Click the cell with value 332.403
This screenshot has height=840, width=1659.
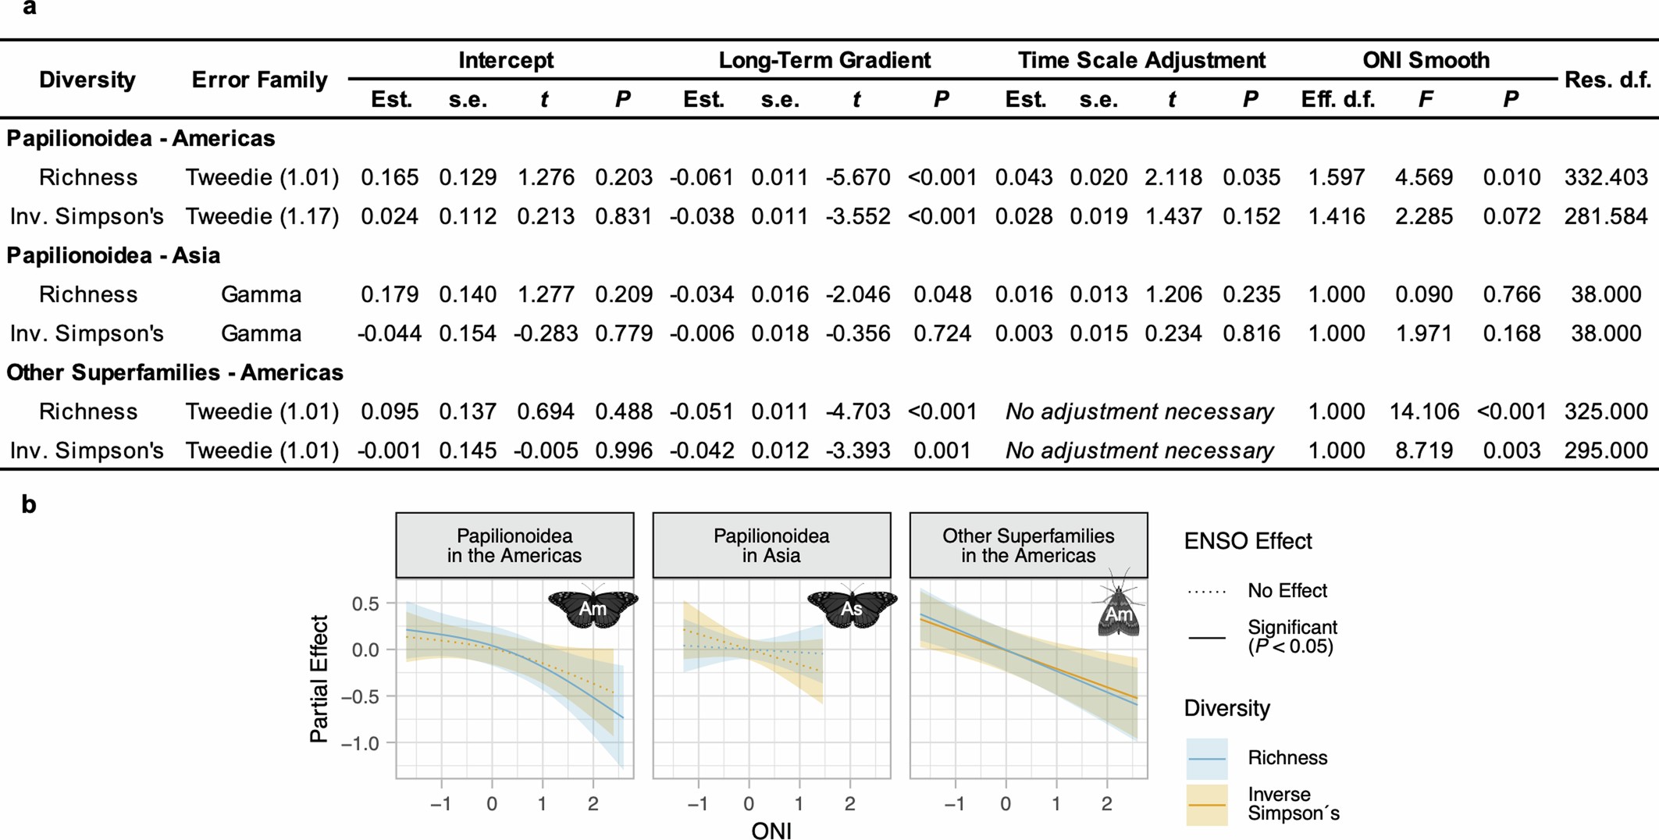pyautogui.click(x=1605, y=177)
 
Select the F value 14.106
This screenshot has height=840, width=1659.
pyautogui.click(x=1423, y=411)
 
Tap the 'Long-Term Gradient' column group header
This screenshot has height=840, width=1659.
pyautogui.click(x=824, y=60)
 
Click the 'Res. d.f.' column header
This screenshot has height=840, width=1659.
pyautogui.click(x=1607, y=80)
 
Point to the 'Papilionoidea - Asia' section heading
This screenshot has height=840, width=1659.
pyautogui.click(x=113, y=255)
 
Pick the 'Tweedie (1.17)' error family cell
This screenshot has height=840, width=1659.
pyautogui.click(x=262, y=216)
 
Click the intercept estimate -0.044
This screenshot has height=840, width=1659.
pyautogui.click(x=389, y=333)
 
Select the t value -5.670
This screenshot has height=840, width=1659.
pyautogui.click(x=857, y=177)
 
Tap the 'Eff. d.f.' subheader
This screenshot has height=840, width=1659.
pyautogui.click(x=1337, y=100)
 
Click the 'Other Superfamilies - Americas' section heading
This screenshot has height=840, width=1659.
pyautogui.click(x=175, y=372)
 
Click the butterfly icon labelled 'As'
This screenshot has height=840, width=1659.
pyautogui.click(x=852, y=607)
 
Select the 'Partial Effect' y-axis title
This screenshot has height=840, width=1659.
pyautogui.click(x=319, y=678)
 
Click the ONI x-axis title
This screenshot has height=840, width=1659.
pyautogui.click(x=771, y=831)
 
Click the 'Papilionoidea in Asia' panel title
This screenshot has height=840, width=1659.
pyautogui.click(x=771, y=545)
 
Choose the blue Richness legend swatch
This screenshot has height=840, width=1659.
pyautogui.click(x=1206, y=758)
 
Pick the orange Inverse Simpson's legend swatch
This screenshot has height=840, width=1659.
pyautogui.click(x=1206, y=804)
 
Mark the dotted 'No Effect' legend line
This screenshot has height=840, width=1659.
pyautogui.click(x=1206, y=591)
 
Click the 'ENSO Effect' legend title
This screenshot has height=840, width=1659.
pyautogui.click(x=1248, y=541)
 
